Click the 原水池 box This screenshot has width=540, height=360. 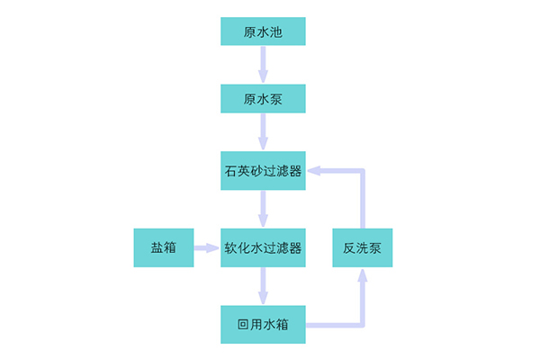[x=263, y=32]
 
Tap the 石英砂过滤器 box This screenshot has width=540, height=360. [x=263, y=170]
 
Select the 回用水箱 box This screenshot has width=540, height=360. [x=263, y=324]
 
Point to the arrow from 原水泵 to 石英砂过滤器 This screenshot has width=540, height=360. [x=263, y=132]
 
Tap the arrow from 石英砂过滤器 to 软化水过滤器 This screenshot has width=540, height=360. [x=263, y=209]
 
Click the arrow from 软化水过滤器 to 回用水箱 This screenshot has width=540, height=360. [x=263, y=285]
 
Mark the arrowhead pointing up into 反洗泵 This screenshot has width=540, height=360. [x=362, y=276]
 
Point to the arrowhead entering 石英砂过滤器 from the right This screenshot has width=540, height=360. [x=315, y=170]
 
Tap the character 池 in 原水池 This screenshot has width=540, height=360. [x=276, y=32]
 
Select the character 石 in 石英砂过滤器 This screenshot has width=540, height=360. [x=230, y=170]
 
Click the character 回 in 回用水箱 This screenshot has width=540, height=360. [x=243, y=324]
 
